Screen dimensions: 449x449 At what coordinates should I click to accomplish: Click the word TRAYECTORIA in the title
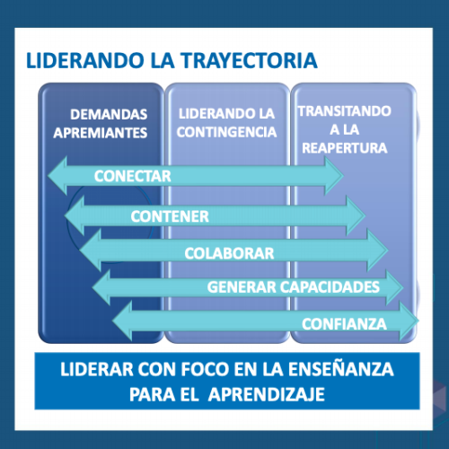[250, 60]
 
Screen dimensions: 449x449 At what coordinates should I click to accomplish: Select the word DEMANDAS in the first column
[109, 114]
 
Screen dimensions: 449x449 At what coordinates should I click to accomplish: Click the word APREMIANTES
[101, 133]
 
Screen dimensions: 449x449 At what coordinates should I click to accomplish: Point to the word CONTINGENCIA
[226, 132]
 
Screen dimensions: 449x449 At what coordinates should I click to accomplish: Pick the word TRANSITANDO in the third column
[345, 111]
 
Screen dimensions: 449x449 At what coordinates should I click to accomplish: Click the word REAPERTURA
[345, 148]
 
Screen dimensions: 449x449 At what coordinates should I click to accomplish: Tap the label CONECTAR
[133, 176]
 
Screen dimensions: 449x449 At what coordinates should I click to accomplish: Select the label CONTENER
[170, 216]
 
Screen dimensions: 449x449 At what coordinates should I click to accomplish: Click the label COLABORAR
[229, 253]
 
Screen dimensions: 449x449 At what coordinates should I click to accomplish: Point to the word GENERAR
[242, 287]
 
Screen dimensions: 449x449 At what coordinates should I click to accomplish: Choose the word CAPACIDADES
[330, 287]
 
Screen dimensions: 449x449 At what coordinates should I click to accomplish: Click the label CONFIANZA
[344, 324]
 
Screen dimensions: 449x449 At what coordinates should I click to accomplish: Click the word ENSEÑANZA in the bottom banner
[341, 368]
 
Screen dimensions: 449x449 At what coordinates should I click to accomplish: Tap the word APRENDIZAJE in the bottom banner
[267, 394]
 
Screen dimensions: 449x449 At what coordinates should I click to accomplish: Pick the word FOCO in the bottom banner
[205, 369]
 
